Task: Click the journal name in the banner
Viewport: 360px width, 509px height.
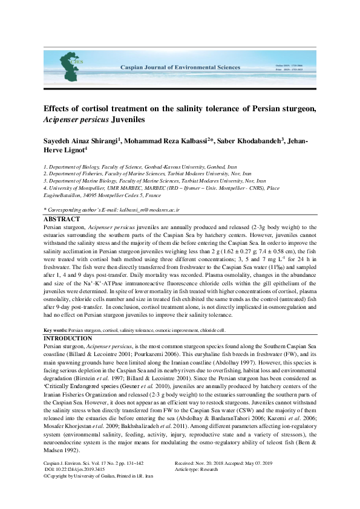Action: tap(180, 68)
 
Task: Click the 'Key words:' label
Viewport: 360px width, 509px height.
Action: tap(55, 331)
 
